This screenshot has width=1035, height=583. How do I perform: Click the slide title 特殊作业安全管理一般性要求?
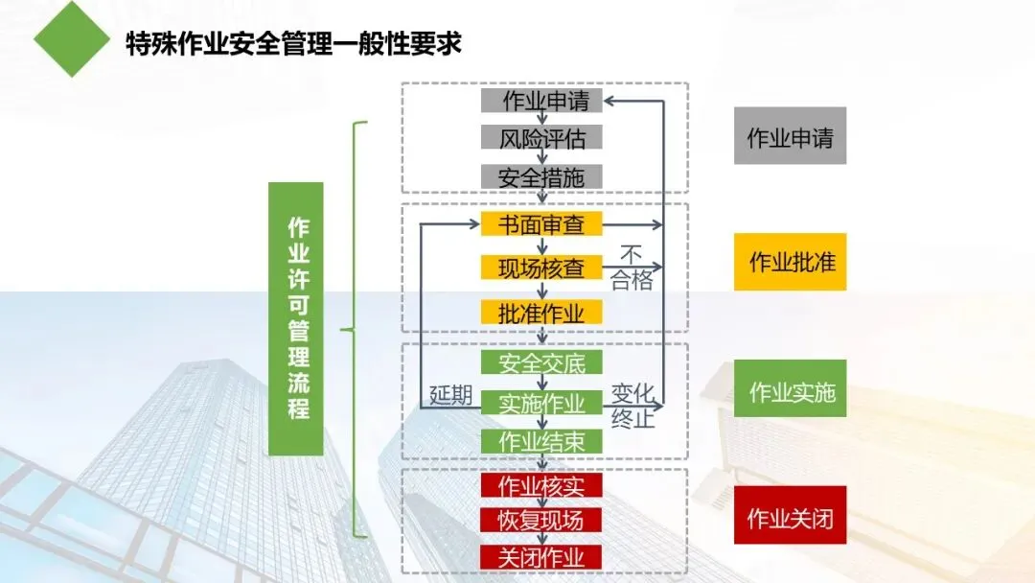[293, 44]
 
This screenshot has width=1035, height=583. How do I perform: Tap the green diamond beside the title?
[71, 38]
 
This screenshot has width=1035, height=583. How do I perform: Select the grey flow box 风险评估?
[541, 138]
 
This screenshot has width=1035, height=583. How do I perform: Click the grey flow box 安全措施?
[541, 176]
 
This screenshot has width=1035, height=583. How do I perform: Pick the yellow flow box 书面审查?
[541, 224]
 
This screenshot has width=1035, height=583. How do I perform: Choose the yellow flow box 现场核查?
[541, 268]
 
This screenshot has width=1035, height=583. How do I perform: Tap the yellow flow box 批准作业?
[541, 312]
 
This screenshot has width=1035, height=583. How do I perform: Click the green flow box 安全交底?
[541, 362]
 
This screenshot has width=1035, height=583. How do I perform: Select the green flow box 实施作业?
[541, 403]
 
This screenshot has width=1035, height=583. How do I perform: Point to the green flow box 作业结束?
[541, 441]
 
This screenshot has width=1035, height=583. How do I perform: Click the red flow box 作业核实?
[541, 485]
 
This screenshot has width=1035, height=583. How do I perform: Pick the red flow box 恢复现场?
[541, 521]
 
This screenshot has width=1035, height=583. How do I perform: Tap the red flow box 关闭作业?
[541, 556]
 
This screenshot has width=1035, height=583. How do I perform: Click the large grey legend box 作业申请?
[790, 137]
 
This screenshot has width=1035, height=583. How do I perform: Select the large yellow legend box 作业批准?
[790, 261]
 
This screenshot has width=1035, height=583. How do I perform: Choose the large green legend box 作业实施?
[790, 390]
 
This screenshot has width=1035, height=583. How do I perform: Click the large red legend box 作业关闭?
[790, 519]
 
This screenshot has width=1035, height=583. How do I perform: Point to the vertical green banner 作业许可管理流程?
[296, 318]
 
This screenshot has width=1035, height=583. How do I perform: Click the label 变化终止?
[632, 406]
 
